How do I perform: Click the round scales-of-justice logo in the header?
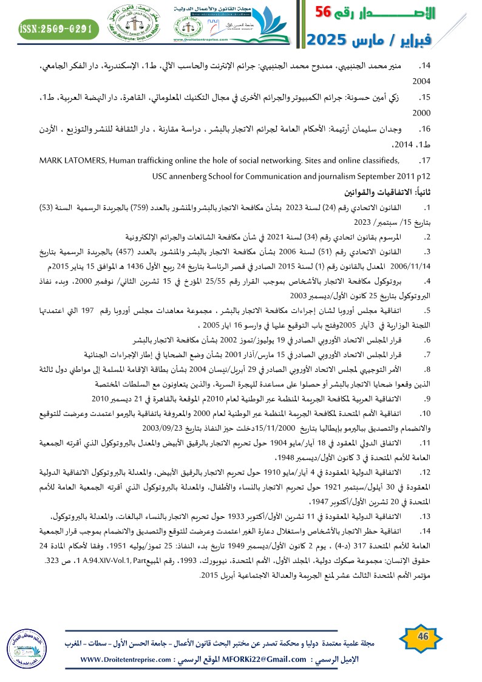coord(129,25)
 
